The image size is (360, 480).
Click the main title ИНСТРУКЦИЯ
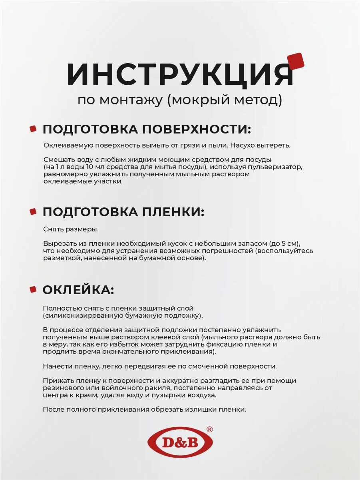click(180, 74)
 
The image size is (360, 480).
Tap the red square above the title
click(296, 61)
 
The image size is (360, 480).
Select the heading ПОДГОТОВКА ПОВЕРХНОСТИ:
click(147, 129)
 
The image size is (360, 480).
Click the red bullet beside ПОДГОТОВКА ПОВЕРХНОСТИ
click(33, 129)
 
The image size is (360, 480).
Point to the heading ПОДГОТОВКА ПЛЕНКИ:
click(123, 212)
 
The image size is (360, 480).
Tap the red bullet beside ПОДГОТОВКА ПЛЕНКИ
click(33, 211)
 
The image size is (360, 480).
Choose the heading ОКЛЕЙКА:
click(78, 290)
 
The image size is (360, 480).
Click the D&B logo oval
click(180, 442)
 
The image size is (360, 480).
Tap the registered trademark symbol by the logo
click(209, 429)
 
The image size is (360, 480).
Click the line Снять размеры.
click(71, 229)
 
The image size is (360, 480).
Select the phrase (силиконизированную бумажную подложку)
click(123, 315)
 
